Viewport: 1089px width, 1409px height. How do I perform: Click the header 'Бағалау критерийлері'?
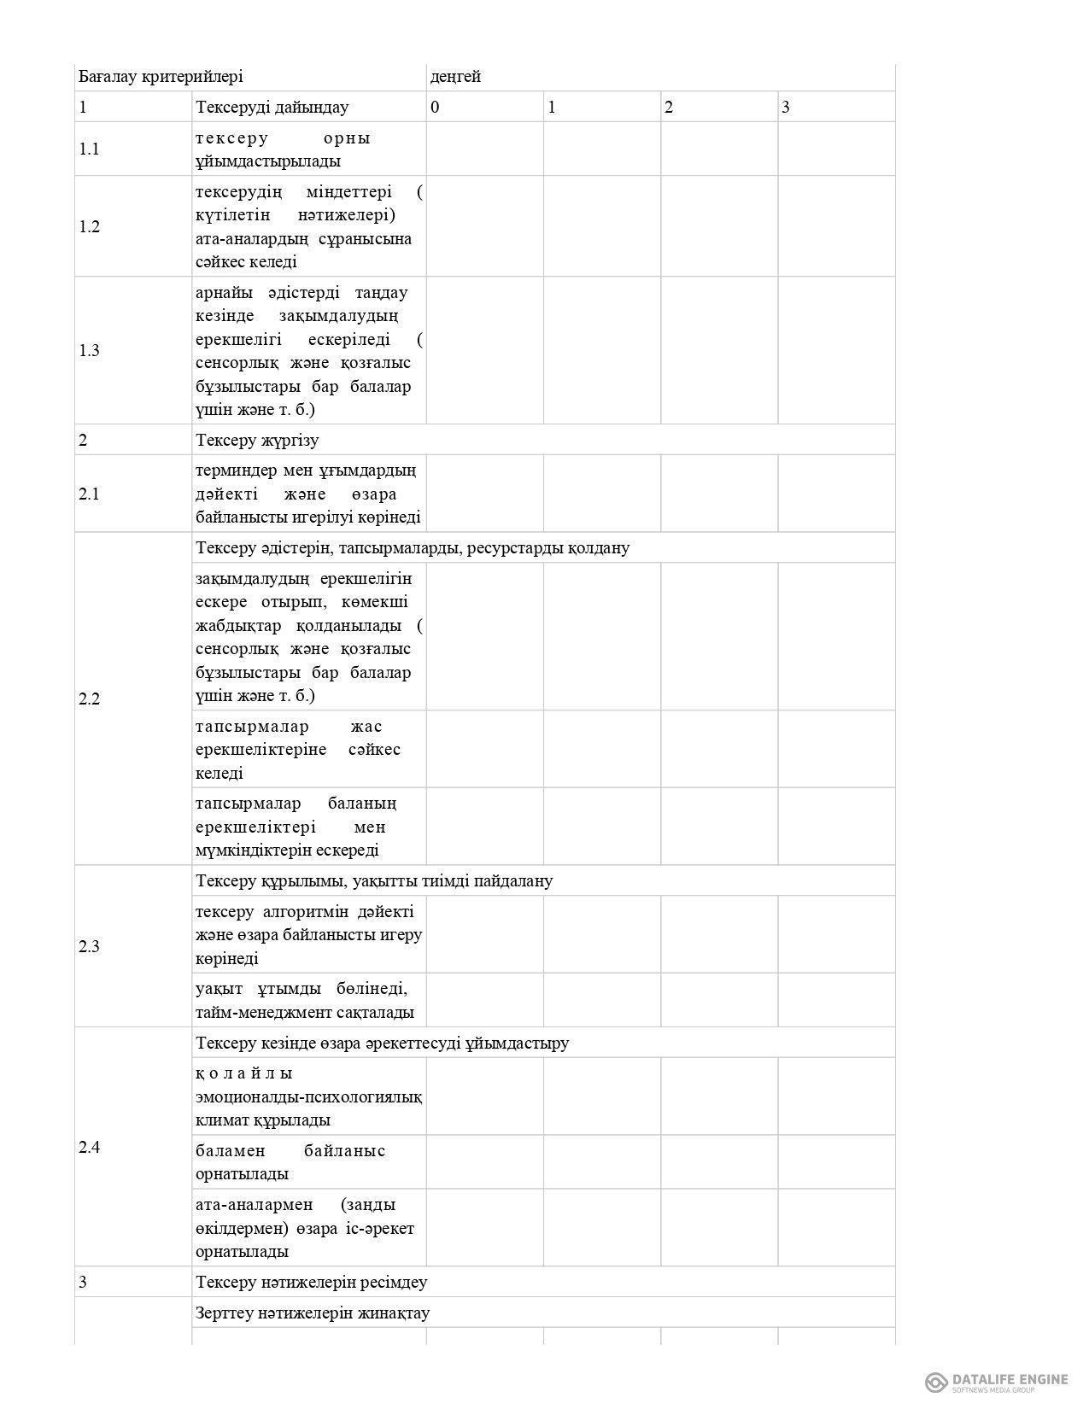(x=161, y=77)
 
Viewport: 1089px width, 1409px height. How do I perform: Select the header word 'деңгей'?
(x=455, y=77)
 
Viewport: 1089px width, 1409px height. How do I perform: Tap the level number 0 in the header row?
(x=436, y=108)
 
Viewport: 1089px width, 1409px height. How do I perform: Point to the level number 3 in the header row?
(x=786, y=108)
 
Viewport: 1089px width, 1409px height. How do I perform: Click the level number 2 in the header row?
(x=669, y=108)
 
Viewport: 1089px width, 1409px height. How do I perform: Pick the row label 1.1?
(x=89, y=149)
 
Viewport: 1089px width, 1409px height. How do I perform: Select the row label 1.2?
(x=89, y=227)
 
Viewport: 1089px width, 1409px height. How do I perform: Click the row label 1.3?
(x=89, y=351)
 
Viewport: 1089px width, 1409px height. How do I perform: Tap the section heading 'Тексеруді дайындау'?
(x=272, y=108)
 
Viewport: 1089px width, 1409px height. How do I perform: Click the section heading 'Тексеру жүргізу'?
(x=257, y=441)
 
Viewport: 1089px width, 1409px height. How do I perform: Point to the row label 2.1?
(x=89, y=494)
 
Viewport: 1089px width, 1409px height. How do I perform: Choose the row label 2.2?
(x=89, y=699)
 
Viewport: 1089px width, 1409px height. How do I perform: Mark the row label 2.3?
(x=89, y=947)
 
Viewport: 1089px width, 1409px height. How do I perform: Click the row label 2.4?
(x=89, y=1148)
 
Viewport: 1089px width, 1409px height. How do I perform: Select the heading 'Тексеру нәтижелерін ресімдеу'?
(x=311, y=1283)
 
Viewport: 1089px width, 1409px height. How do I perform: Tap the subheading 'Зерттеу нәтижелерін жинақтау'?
(x=312, y=1313)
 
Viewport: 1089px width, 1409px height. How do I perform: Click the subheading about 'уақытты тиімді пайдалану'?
(x=374, y=881)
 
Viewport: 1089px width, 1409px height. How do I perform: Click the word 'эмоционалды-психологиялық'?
(x=308, y=1097)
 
